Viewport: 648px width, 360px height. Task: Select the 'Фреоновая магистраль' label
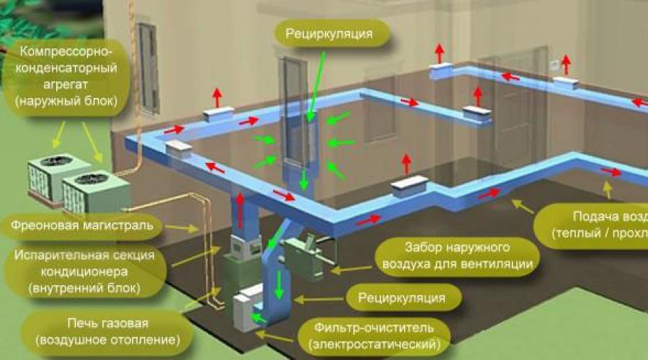[81, 227]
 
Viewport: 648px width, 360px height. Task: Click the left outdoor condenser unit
[51, 176]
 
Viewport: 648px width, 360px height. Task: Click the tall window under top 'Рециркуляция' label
[297, 108]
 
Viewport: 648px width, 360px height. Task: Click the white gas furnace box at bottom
[248, 305]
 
